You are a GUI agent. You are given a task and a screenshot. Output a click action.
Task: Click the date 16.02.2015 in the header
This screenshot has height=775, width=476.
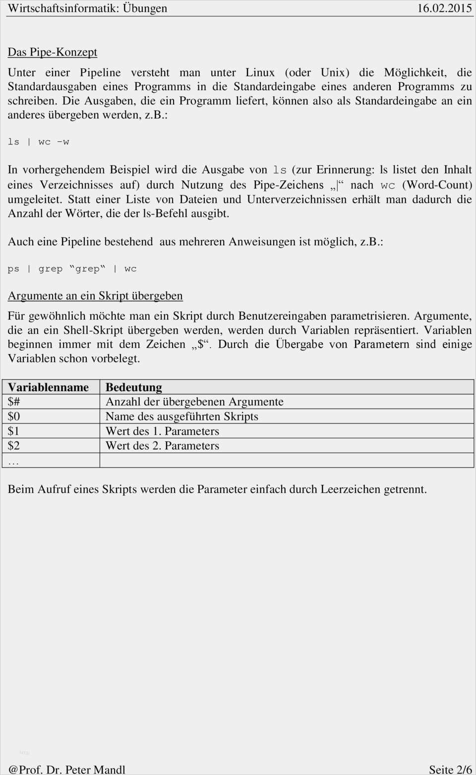pos(444,8)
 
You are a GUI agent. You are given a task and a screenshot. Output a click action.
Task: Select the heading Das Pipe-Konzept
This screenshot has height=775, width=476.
pos(53,52)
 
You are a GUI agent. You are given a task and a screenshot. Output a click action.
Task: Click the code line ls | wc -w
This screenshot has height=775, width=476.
pos(39,142)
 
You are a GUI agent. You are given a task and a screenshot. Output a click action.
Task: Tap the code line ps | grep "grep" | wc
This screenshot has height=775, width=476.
pos(72,269)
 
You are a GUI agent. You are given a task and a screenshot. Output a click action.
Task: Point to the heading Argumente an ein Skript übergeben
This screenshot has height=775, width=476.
pos(95,296)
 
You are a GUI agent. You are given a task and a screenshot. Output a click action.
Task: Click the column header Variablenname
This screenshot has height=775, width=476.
pos(49,387)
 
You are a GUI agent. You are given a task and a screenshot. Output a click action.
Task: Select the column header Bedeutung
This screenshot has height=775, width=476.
pos(134,387)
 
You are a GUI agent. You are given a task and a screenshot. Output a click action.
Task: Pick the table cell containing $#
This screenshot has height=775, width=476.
pos(14,402)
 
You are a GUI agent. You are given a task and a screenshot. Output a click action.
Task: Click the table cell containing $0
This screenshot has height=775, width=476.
pos(14,417)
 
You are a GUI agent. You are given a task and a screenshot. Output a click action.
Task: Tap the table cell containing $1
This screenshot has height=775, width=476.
pos(14,431)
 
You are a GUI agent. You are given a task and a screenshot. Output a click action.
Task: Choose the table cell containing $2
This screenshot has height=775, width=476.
pos(14,445)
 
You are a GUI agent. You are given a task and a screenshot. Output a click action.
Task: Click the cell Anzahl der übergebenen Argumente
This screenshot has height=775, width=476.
pos(194,402)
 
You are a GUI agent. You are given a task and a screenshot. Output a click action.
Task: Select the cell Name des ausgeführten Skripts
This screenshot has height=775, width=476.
pos(182,417)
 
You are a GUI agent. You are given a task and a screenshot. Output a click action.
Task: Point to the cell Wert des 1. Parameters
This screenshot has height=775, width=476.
pos(162,431)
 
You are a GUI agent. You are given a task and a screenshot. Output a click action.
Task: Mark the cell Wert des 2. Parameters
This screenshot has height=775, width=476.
pos(162,445)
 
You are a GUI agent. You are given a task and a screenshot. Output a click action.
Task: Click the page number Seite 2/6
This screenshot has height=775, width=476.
pos(450,769)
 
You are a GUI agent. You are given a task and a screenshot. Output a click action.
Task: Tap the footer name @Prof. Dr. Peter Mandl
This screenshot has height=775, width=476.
pos(67,769)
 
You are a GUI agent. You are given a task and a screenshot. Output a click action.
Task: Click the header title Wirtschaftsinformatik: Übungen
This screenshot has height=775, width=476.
pos(88,8)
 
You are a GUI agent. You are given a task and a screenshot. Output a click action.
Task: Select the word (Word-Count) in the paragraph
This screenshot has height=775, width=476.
pos(437,185)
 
